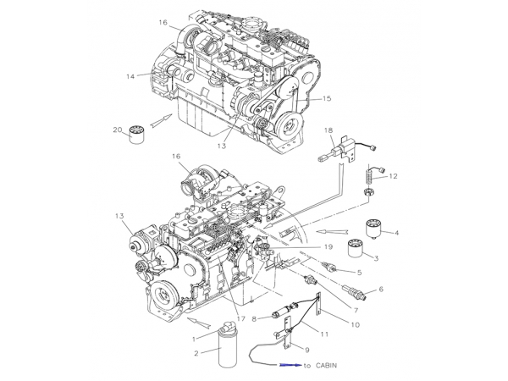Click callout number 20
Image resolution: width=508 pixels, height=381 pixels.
[118, 130]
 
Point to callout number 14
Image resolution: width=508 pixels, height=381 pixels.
[130, 76]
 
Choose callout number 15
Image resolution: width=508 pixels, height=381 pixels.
[327, 99]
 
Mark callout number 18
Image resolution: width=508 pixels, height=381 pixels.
[327, 130]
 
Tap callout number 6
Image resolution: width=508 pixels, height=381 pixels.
[381, 290]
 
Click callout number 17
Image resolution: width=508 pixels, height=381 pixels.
[241, 318]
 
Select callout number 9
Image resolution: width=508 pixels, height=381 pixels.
[306, 350]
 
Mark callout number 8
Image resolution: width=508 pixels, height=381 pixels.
[266, 318]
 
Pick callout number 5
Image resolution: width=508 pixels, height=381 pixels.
[359, 272]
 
